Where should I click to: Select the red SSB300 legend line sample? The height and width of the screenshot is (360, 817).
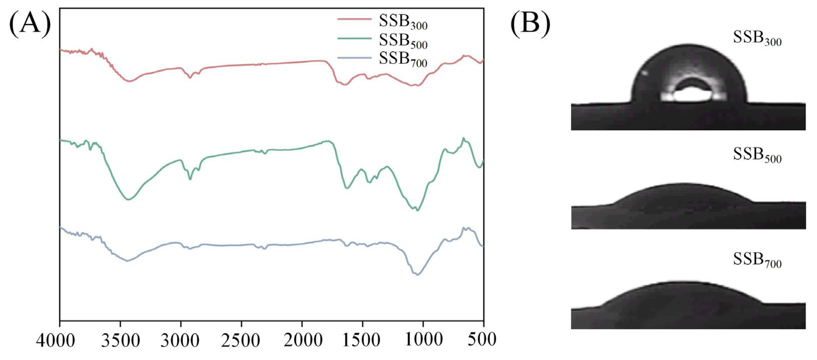[x=354, y=19]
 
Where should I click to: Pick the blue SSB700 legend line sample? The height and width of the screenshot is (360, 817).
[x=354, y=58]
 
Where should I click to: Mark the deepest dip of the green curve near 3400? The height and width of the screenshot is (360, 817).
[x=128, y=199]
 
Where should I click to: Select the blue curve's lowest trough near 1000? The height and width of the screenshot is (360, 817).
[x=417, y=275]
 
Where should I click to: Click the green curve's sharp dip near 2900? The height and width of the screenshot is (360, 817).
[x=190, y=179]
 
